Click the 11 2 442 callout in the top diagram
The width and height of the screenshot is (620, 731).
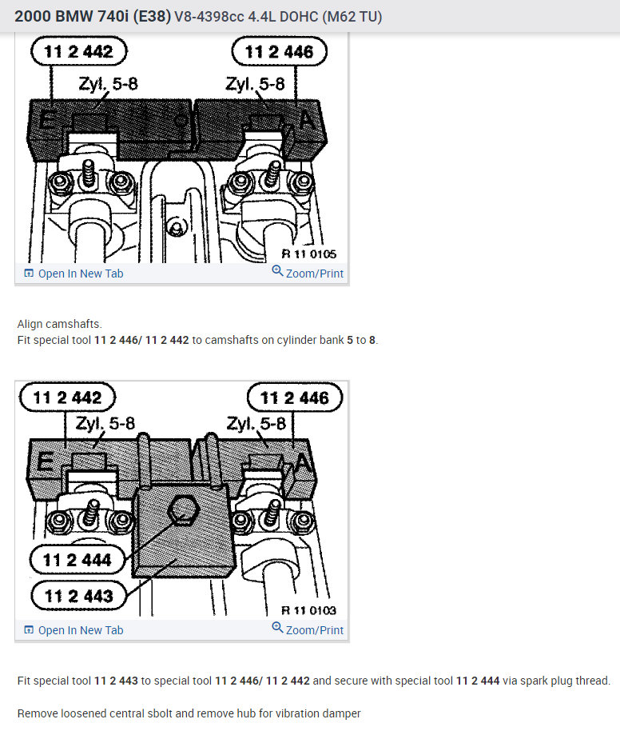pyautogui.click(x=79, y=53)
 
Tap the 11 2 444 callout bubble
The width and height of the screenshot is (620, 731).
pyautogui.click(x=77, y=559)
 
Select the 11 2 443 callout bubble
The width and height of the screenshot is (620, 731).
pyautogui.click(x=78, y=596)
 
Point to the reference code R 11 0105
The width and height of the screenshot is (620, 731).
pyautogui.click(x=308, y=254)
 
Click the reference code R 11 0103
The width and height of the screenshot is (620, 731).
pyautogui.click(x=308, y=611)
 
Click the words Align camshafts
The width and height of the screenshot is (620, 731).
pyautogui.click(x=59, y=325)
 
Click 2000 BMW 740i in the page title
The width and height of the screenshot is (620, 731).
pyautogui.click(x=91, y=16)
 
